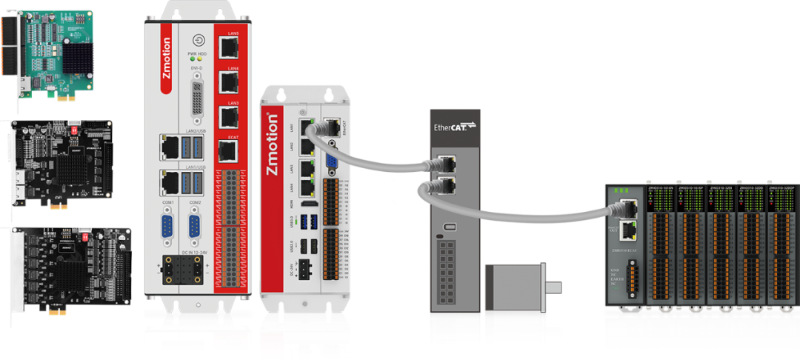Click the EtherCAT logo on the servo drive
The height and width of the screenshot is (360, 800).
pos(454,127)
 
